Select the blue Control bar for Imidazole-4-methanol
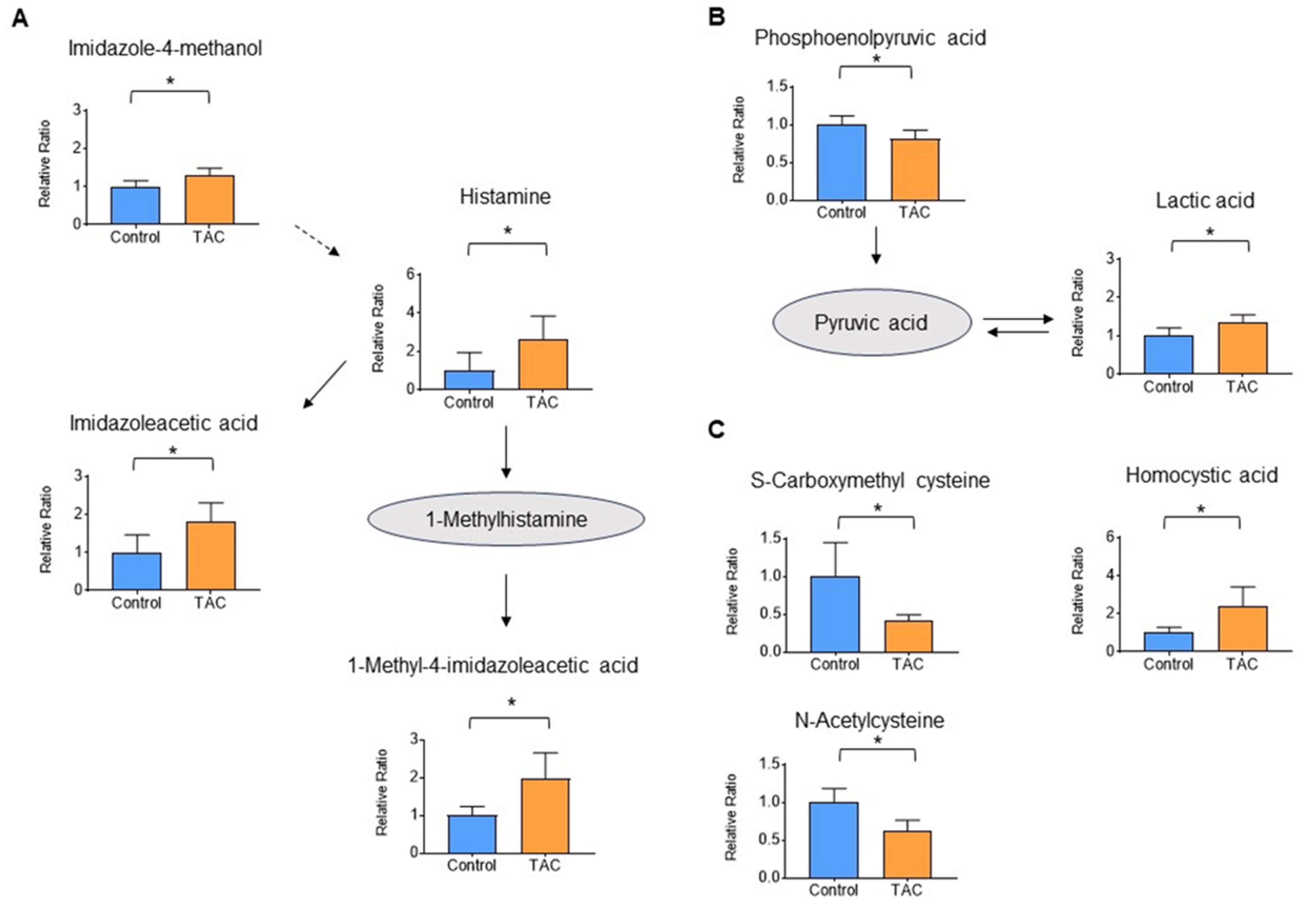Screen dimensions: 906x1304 click(135, 205)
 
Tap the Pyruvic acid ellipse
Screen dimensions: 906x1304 click(871, 322)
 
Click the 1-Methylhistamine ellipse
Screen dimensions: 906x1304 click(506, 519)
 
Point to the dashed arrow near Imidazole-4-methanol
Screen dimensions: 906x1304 click(316, 241)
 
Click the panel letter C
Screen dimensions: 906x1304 click(717, 430)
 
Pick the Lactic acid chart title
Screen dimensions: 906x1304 click(1205, 200)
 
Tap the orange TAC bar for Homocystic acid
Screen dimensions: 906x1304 click(1242, 629)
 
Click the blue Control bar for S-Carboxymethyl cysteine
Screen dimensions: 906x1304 click(835, 614)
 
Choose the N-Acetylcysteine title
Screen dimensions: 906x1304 click(869, 720)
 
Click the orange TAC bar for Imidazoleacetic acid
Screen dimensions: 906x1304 click(211, 556)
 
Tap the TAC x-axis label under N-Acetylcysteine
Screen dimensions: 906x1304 click(906, 889)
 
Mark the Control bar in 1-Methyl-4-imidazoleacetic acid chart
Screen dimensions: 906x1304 click(472, 834)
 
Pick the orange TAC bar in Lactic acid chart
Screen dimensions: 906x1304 click(1242, 348)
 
